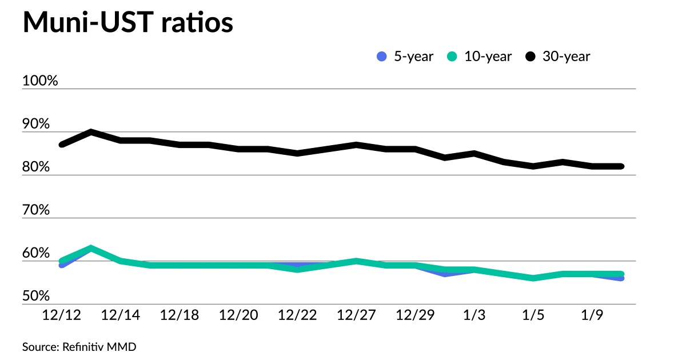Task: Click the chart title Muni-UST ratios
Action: (127, 23)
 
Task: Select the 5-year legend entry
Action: (405, 56)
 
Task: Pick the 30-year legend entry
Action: (558, 56)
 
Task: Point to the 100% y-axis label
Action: (40, 81)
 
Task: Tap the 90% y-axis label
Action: (37, 124)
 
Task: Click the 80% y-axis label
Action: (37, 167)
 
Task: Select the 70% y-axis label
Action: (37, 210)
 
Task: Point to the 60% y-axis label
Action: (37, 253)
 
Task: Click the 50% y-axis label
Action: (37, 296)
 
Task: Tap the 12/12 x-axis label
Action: (61, 315)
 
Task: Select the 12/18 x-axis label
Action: (179, 315)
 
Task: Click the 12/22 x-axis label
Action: (297, 315)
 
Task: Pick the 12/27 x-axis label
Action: (356, 315)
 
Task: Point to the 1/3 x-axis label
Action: (474, 315)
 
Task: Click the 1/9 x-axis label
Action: (592, 315)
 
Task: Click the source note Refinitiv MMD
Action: (79, 346)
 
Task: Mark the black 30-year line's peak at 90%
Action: (91, 132)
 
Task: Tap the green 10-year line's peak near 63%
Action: (91, 248)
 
